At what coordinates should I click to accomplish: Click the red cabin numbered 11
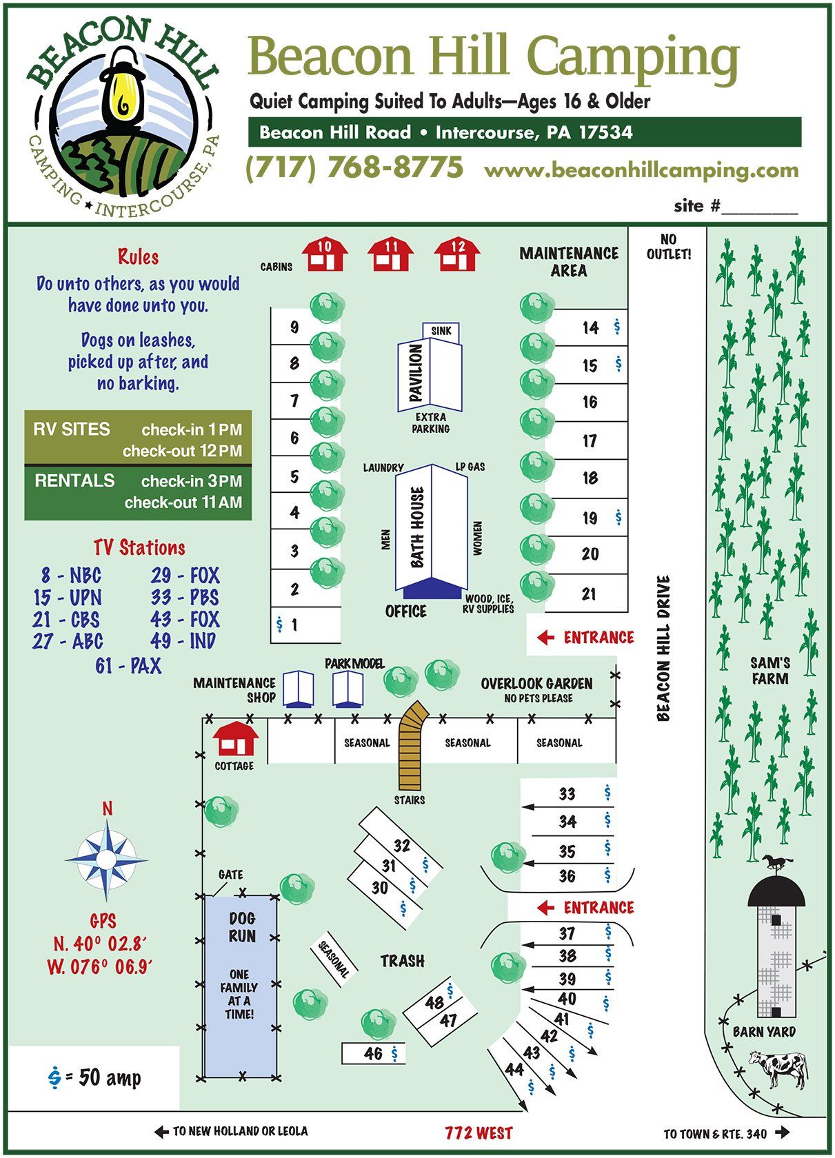[390, 255]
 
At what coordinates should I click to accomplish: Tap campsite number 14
[590, 328]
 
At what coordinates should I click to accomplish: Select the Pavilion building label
[415, 374]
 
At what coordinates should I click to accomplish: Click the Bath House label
[417, 527]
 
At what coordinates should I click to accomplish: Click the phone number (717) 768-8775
[354, 167]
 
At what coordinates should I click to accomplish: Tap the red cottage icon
[235, 740]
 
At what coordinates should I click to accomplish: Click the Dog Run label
[242, 927]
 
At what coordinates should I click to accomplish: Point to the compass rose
[106, 859]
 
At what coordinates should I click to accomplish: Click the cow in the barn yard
[779, 1068]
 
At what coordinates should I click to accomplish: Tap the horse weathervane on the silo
[777, 862]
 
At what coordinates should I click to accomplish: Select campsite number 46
[373, 1053]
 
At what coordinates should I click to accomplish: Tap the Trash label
[403, 961]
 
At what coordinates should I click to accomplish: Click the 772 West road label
[479, 1132]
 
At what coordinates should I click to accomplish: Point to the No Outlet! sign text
[668, 246]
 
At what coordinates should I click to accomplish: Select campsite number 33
[567, 794]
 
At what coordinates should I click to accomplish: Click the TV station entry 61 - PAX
[128, 666]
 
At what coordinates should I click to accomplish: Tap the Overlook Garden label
[536, 684]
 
